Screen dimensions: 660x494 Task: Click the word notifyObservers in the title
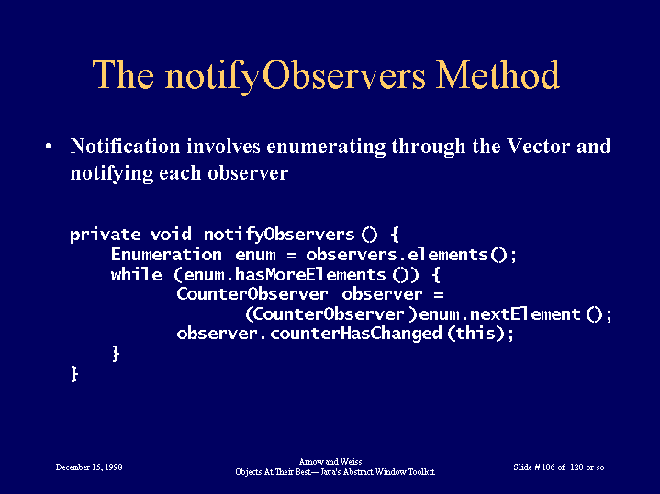point(295,76)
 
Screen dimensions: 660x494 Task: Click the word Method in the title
point(498,74)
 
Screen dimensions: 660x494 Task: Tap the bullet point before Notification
point(49,147)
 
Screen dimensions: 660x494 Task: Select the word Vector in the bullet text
point(538,146)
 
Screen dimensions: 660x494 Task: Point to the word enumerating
point(326,147)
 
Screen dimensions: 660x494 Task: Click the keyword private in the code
point(106,235)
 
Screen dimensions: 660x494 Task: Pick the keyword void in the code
point(171,234)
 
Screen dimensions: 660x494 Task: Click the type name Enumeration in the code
point(166,254)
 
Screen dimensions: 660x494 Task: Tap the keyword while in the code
point(137,274)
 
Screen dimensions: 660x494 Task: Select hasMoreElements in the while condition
point(310,275)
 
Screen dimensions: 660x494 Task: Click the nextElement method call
point(525,314)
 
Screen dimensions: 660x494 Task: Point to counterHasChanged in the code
point(355,334)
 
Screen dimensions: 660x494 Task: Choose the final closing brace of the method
point(74,373)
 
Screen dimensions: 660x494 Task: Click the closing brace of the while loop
point(116,354)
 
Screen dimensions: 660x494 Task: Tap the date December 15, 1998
point(89,467)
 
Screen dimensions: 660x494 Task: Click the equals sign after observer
point(439,294)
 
